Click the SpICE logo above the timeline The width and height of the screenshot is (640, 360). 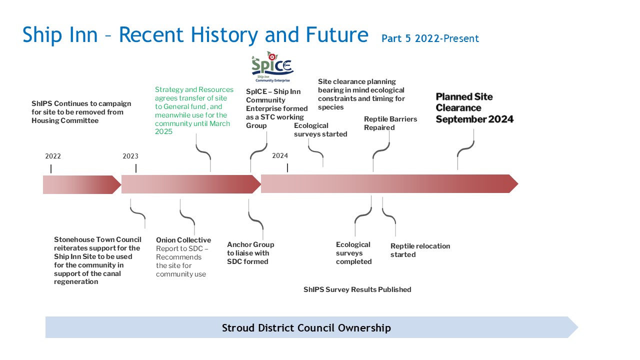pos(272,67)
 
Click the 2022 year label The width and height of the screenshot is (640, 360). pos(53,156)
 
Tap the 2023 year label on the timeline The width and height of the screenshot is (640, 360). pos(130,156)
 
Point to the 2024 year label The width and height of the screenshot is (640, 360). pos(279,155)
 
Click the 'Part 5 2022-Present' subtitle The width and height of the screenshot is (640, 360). pos(430,38)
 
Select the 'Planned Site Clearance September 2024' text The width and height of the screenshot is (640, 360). pos(474,108)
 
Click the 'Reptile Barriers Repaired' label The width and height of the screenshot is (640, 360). pos(390,123)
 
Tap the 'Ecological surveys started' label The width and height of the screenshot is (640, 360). pos(320,129)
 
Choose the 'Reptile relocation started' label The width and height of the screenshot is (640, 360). pos(420,250)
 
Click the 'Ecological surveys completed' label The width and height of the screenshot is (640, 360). pos(353,253)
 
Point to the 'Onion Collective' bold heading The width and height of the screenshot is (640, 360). pos(183,240)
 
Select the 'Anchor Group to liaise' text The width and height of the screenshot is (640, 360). pos(250,249)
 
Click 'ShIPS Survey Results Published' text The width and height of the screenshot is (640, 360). pos(357,289)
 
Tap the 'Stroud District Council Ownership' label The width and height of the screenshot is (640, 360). pos(306,327)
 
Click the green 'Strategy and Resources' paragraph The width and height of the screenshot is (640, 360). pos(194,110)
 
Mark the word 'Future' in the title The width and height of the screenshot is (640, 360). pos(337,35)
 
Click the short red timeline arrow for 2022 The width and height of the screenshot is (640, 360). pos(82,184)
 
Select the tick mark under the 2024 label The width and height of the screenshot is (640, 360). pos(287,167)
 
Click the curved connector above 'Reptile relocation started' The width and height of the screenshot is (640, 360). pos(389,216)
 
